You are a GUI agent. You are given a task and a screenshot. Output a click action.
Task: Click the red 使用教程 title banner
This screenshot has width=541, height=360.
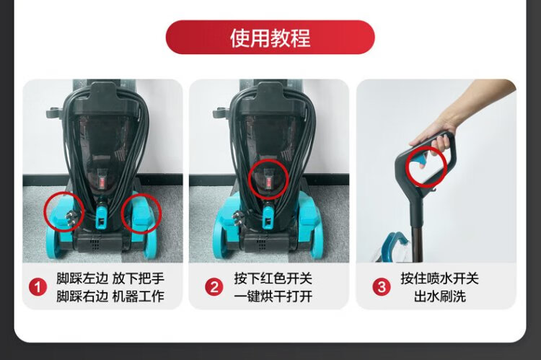click(270, 38)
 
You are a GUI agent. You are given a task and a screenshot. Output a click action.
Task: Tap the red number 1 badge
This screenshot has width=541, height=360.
click(38, 287)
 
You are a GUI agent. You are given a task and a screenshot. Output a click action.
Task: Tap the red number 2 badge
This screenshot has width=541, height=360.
click(214, 287)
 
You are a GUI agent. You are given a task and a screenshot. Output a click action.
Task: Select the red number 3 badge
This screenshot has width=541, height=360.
click(382, 287)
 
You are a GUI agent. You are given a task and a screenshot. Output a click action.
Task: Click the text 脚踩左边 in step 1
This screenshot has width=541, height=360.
click(82, 278)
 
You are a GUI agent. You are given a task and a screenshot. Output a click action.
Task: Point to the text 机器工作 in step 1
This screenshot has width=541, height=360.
click(138, 296)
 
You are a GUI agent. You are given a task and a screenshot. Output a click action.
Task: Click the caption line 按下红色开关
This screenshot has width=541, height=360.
click(273, 278)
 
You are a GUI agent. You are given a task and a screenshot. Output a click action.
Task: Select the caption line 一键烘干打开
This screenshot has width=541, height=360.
click(273, 296)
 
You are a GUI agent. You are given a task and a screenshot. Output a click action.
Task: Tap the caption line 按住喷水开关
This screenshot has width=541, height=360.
click(439, 278)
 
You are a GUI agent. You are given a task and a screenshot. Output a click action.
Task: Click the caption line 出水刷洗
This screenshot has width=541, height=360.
click(440, 296)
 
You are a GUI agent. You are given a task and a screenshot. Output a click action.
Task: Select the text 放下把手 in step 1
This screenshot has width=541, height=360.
click(138, 278)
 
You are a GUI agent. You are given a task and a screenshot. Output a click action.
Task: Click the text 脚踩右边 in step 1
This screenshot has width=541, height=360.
click(82, 296)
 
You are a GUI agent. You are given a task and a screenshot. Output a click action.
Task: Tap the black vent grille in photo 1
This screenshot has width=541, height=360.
click(94, 244)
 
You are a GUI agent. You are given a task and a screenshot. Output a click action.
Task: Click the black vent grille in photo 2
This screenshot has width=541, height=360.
click(262, 244)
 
